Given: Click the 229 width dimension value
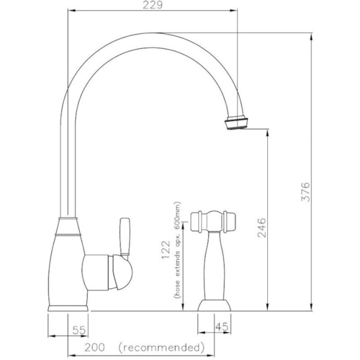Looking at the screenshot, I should (x=152, y=6).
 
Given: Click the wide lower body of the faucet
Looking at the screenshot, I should (x=67, y=267).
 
